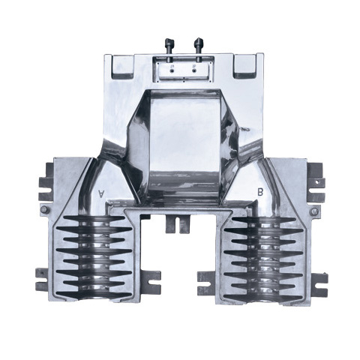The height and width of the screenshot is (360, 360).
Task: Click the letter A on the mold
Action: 100,193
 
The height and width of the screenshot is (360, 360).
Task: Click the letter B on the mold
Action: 260,192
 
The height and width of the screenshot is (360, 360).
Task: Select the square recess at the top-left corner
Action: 123,66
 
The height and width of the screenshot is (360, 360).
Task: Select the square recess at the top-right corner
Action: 244,66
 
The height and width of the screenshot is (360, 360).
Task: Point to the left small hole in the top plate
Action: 172,71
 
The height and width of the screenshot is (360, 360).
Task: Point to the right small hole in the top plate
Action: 194,71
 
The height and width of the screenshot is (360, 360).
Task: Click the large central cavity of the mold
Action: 184,142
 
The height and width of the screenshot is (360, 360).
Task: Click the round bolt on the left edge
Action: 44,209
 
